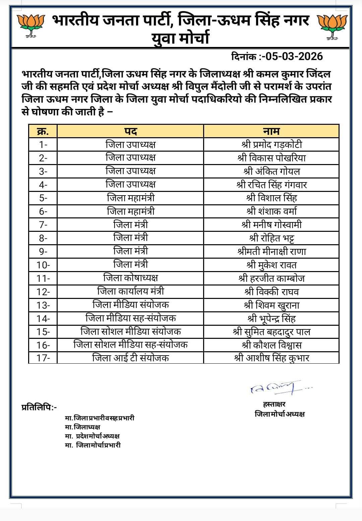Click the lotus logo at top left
click(x=31, y=26)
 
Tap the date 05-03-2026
click(x=292, y=56)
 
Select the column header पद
click(x=130, y=131)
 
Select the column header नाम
click(x=271, y=131)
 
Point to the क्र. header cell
click(x=43, y=131)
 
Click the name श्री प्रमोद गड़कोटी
click(x=271, y=145)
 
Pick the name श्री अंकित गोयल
click(x=271, y=171)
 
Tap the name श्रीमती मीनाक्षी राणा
click(x=271, y=252)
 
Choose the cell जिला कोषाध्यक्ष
click(x=130, y=278)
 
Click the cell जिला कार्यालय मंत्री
click(x=130, y=291)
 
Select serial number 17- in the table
click(x=43, y=358)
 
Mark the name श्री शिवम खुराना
click(x=271, y=305)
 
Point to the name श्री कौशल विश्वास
click(x=271, y=345)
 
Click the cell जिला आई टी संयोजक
click(x=130, y=358)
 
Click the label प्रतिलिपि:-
click(x=39, y=408)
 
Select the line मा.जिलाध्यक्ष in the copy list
click(x=82, y=427)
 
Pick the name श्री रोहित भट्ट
click(x=271, y=238)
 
